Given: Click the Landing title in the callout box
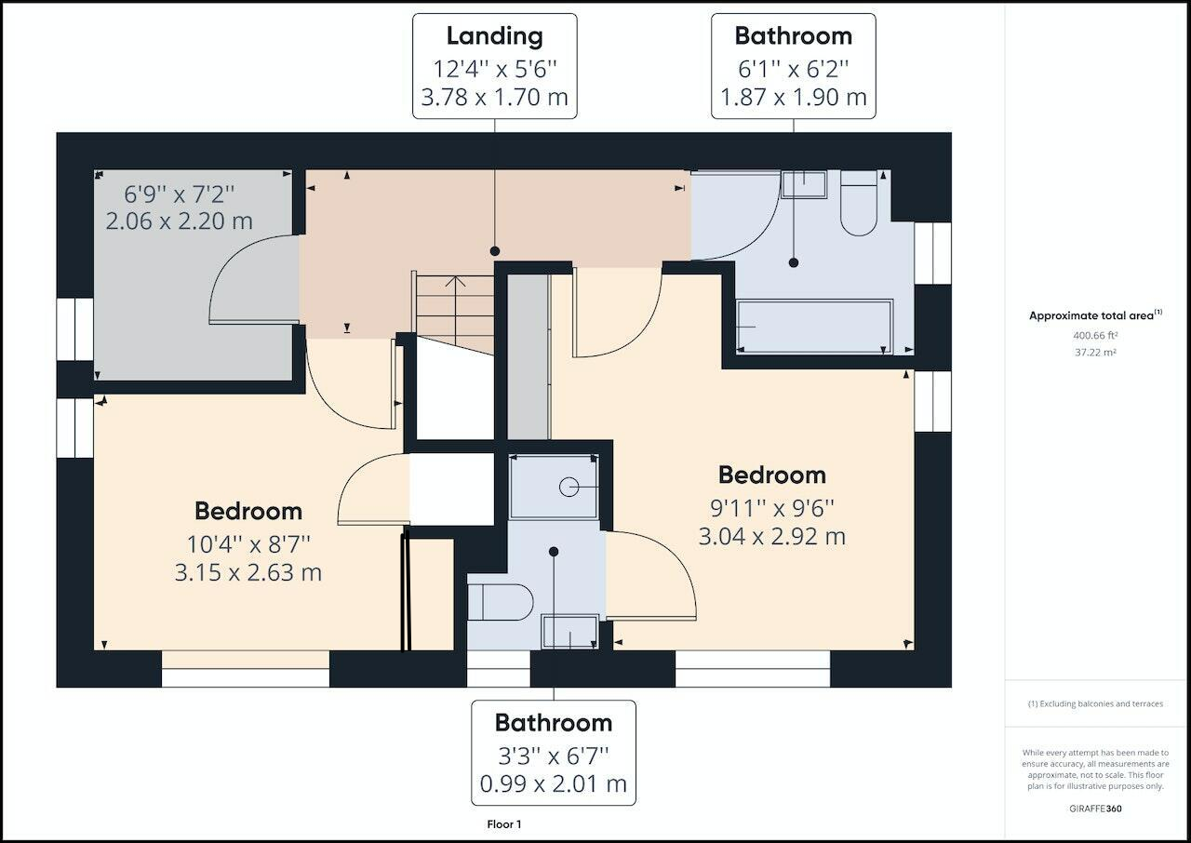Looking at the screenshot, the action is [494, 36].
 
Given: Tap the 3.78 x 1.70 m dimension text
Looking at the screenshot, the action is [494, 98].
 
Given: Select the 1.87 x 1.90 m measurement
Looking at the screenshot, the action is [794, 98].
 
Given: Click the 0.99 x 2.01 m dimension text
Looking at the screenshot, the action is [553, 784].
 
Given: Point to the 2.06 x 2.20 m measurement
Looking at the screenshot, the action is [180, 221].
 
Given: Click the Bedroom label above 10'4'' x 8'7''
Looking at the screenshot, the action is [248, 512].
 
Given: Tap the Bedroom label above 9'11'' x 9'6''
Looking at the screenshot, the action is [772, 475].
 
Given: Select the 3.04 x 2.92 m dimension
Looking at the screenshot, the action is [772, 536].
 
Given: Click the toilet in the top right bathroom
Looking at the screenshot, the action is [859, 204].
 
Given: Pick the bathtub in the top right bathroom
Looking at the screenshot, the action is [814, 327].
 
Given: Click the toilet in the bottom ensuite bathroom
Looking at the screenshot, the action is [501, 602].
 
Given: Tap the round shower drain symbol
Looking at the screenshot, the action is [569, 487].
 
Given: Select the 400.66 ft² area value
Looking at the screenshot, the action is [1095, 335].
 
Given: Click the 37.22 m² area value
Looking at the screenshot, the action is [1095, 353].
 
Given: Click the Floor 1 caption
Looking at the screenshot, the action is [504, 824].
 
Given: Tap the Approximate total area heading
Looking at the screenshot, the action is [1095, 315].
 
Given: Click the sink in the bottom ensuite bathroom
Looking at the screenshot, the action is [570, 632].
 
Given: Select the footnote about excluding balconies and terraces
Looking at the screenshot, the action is [1095, 703].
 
